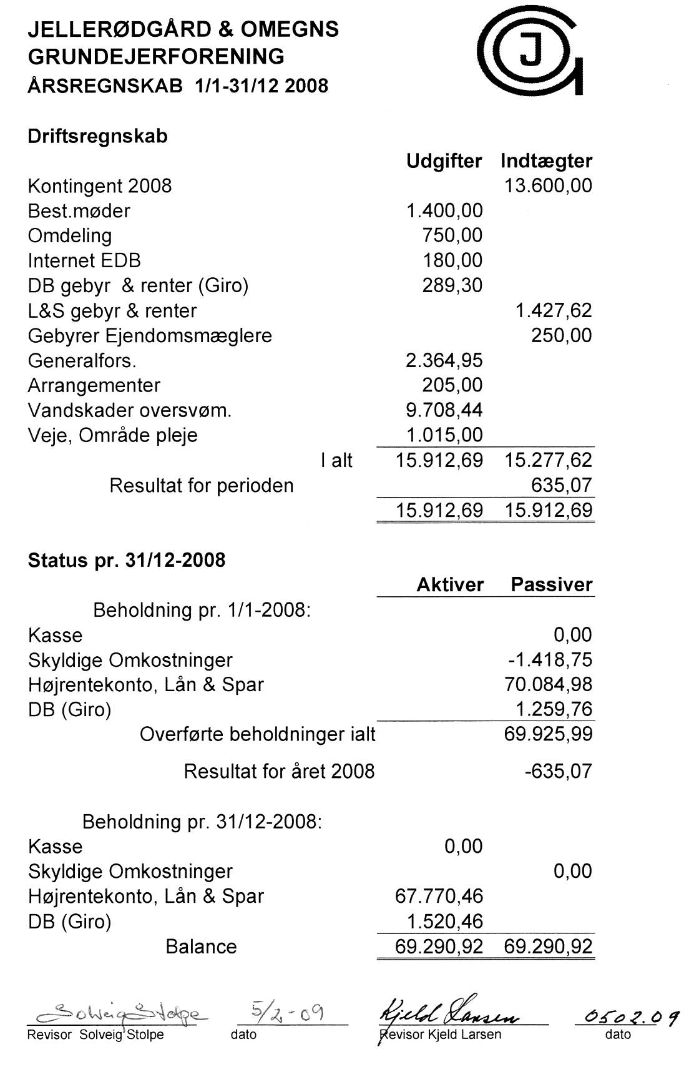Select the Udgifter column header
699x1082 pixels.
(444, 161)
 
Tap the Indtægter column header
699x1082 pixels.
(546, 161)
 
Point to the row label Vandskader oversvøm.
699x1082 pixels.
(129, 411)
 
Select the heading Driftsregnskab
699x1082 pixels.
(97, 136)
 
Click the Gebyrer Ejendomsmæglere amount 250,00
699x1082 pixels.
(561, 336)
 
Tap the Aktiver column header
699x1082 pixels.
(450, 585)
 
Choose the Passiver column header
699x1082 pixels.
(551, 585)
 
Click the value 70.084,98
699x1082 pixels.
(548, 685)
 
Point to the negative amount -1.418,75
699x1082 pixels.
(550, 660)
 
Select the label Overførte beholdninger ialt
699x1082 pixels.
(257, 734)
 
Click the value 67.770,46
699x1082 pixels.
(439, 897)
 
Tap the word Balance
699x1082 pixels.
(201, 947)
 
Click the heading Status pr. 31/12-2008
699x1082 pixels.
(126, 560)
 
